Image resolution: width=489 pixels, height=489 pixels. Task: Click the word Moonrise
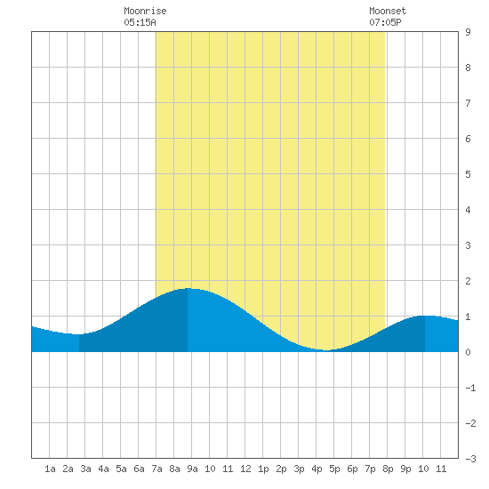tap(145, 11)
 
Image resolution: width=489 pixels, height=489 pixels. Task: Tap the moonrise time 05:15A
tap(140, 22)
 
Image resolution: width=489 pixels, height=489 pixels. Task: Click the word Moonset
tap(388, 11)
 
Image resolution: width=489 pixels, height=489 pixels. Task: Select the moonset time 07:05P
tap(385, 22)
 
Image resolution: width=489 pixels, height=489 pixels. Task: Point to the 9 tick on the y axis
tap(468, 32)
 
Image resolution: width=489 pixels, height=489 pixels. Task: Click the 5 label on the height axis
tap(468, 174)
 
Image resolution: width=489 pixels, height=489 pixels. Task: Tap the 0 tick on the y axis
tap(468, 352)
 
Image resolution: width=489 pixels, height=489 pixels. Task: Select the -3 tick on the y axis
tap(470, 459)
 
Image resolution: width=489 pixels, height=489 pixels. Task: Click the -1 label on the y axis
tap(470, 388)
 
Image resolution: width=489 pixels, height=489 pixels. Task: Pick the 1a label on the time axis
tap(50, 469)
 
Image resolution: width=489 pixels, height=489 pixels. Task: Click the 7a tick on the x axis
tap(156, 469)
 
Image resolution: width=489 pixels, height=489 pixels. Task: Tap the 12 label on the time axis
tap(245, 469)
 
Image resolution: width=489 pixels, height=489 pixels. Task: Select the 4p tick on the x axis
tap(317, 469)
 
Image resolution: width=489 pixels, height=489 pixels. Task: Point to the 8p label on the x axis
tap(388, 469)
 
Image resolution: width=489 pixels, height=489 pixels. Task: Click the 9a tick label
tap(192, 469)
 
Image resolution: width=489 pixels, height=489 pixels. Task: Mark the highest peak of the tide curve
tap(188, 288)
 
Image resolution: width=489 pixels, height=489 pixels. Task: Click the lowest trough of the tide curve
tap(325, 350)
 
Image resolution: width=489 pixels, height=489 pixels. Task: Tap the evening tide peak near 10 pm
tap(425, 316)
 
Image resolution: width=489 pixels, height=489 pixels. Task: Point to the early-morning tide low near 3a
tap(79, 334)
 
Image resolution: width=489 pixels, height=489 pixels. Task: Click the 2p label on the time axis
tap(281, 469)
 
